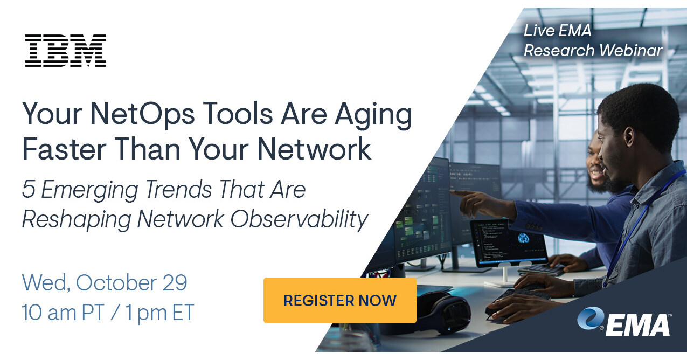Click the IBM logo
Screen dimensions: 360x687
(66, 51)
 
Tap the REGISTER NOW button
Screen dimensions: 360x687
(339, 300)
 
